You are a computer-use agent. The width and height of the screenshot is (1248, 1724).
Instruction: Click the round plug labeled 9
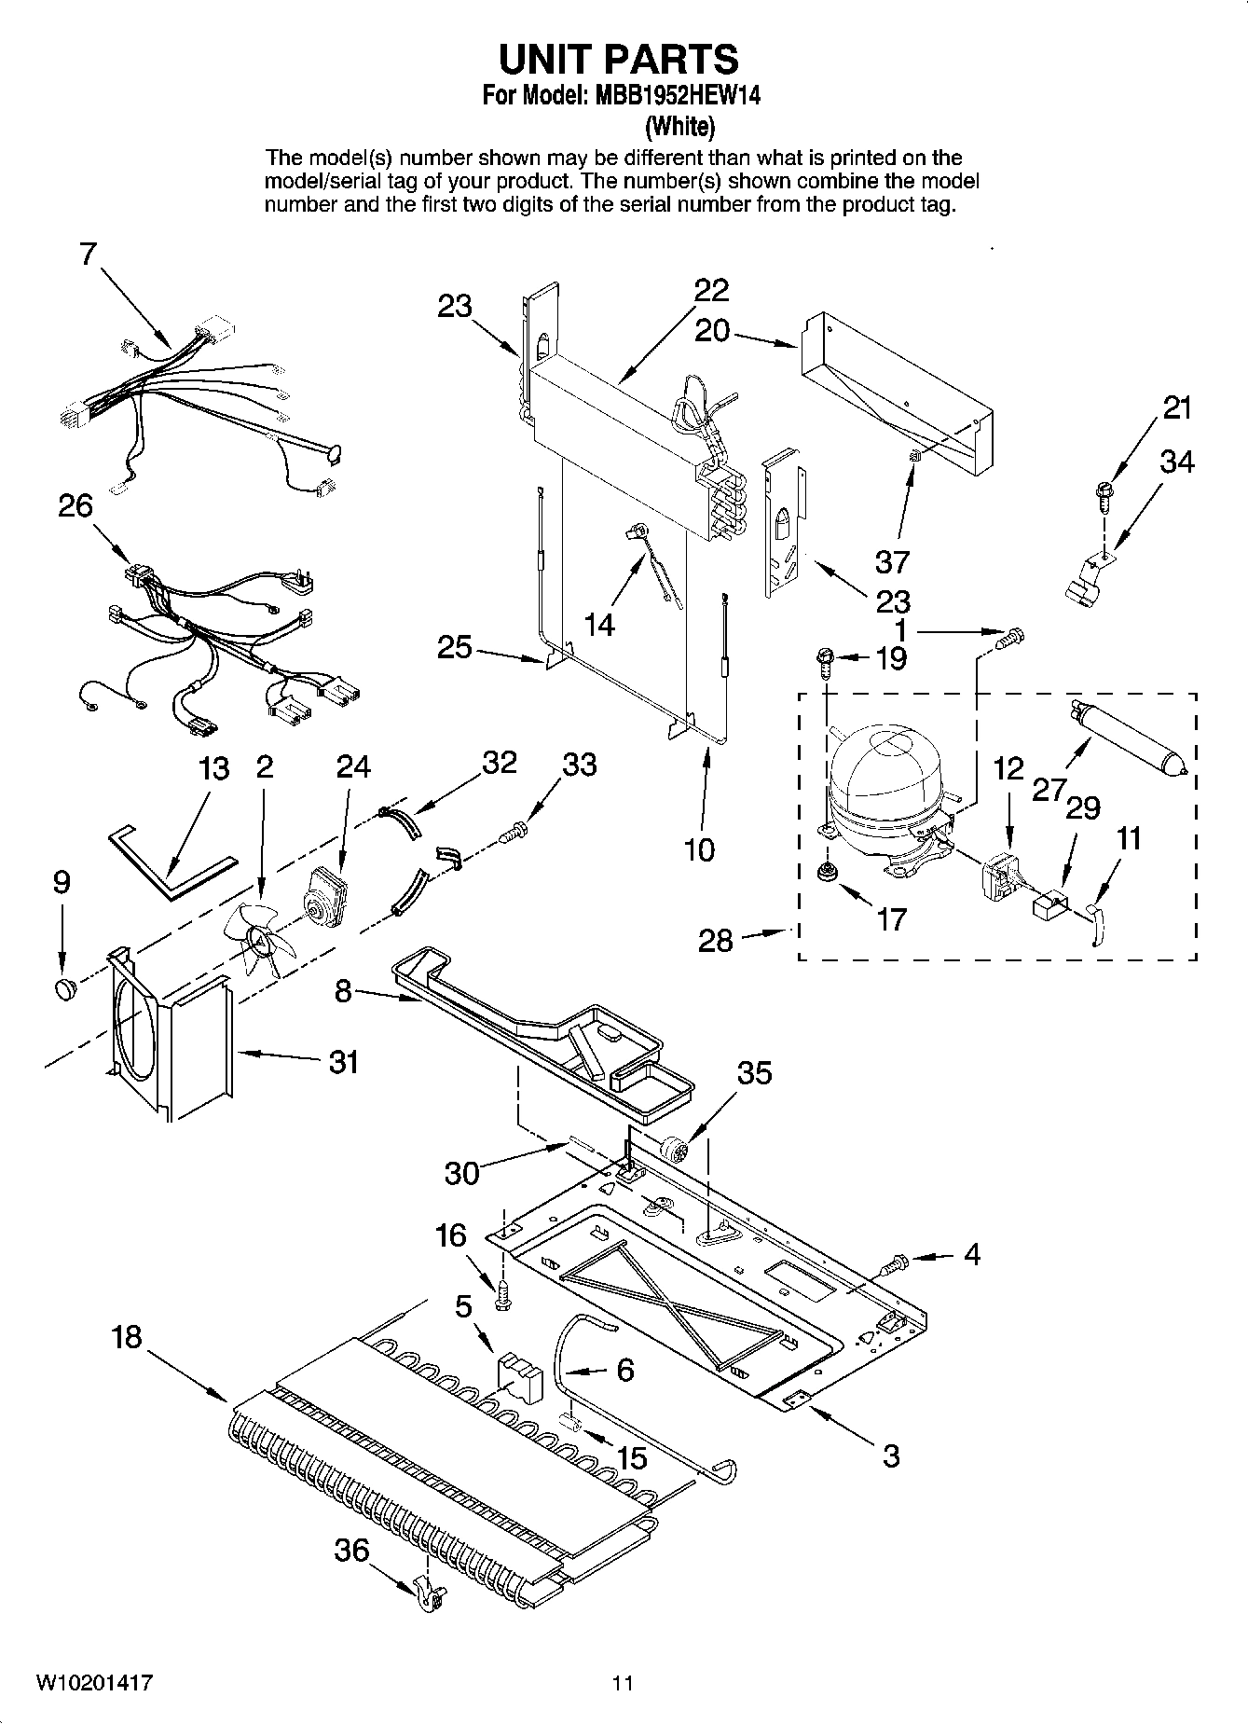click(x=64, y=988)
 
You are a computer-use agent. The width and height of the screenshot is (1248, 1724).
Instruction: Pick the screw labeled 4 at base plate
click(x=893, y=1265)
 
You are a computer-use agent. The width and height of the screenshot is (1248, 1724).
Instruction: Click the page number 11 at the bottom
click(x=623, y=1683)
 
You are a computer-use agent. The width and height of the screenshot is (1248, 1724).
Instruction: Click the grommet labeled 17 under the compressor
click(x=825, y=874)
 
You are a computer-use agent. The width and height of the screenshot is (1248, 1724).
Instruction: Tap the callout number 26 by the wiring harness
click(x=75, y=505)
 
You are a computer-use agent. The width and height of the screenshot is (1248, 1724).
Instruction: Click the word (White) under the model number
click(x=680, y=126)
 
